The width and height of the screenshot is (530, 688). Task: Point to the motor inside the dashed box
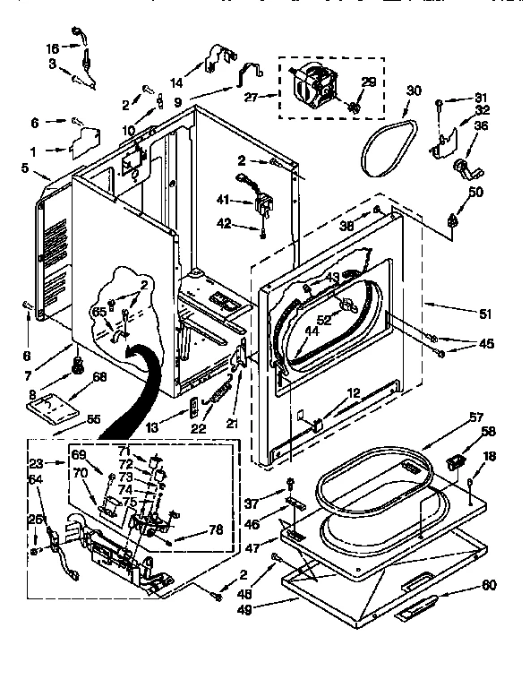(x=315, y=88)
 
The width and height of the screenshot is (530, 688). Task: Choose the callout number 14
(x=176, y=80)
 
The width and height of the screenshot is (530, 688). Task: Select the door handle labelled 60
(x=416, y=610)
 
